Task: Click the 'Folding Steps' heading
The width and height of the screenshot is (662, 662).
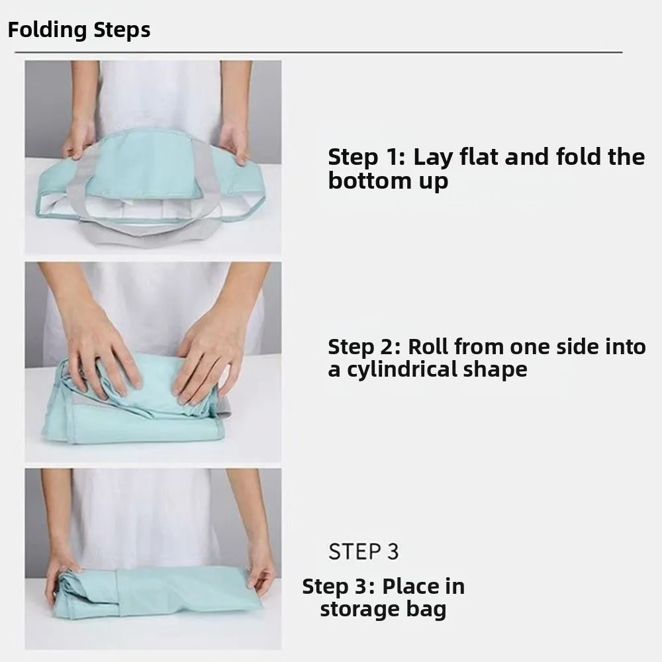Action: tap(79, 30)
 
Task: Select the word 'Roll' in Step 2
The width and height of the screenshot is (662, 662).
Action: tap(428, 346)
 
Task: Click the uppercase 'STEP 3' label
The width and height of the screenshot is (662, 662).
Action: tap(363, 551)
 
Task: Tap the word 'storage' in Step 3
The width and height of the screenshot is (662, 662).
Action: tap(357, 609)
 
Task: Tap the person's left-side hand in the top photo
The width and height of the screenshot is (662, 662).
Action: tap(77, 140)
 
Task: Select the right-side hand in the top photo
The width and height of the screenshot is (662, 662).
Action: tap(234, 142)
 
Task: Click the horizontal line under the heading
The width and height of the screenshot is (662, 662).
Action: tap(318, 52)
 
